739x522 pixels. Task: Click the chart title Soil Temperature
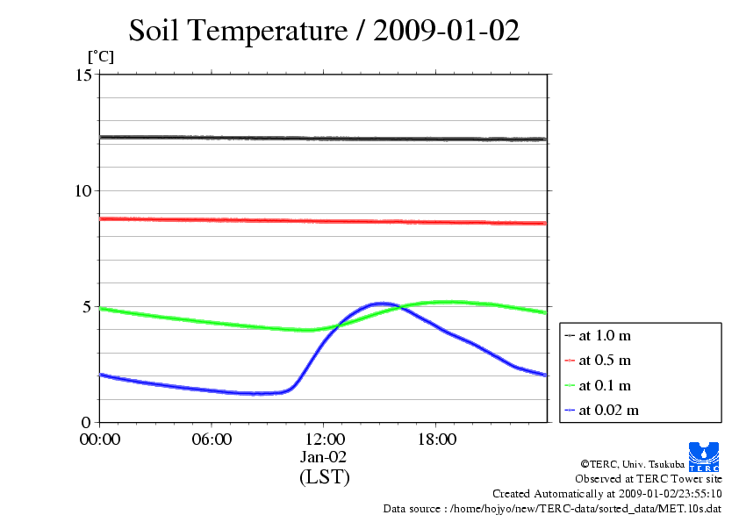[324, 31]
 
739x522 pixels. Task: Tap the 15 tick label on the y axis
[84, 75]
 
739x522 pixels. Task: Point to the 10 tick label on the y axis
[84, 191]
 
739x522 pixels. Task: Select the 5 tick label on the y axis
[89, 307]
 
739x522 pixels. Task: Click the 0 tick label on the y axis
[89, 423]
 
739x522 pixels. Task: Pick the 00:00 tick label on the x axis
[99, 440]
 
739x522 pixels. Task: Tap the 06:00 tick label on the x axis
[212, 440]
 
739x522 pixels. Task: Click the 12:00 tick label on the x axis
[324, 440]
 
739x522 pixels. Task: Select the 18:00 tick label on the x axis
[436, 440]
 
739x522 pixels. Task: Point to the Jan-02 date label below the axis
[324, 457]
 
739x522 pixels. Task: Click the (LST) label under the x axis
[324, 478]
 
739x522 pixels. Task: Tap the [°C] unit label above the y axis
[99, 57]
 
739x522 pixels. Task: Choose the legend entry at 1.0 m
[605, 335]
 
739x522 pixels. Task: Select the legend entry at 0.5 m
[605, 360]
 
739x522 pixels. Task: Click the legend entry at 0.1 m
[605, 385]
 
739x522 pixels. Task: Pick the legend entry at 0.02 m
[608, 410]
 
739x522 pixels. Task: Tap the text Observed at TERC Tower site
[649, 479]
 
